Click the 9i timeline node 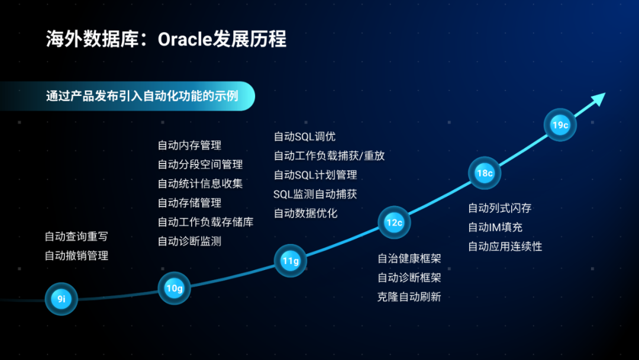[x=61, y=299]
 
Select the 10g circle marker [x=174, y=288]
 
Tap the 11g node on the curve [x=290, y=261]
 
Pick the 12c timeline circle [x=394, y=223]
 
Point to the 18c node [x=485, y=173]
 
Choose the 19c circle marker [x=560, y=125]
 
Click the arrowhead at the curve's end [x=599, y=99]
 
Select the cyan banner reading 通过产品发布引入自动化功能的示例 [x=128, y=97]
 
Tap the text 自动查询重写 [x=76, y=236]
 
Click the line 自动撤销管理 [x=76, y=256]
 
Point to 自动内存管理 [x=189, y=145]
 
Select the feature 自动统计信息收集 [x=200, y=184]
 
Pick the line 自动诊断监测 [x=189, y=242]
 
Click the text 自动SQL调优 [x=305, y=137]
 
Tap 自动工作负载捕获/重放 [x=330, y=156]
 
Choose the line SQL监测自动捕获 [x=315, y=194]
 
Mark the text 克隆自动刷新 [x=409, y=297]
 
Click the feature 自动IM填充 [x=495, y=227]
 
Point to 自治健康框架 [x=409, y=259]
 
